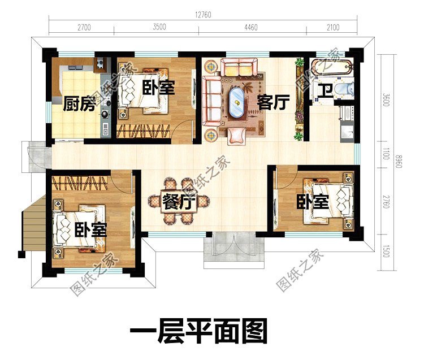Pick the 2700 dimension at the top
(84, 26)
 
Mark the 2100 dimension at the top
(333, 26)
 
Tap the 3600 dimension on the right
(386, 101)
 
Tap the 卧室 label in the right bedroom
(313, 202)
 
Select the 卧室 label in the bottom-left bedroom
(90, 229)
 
